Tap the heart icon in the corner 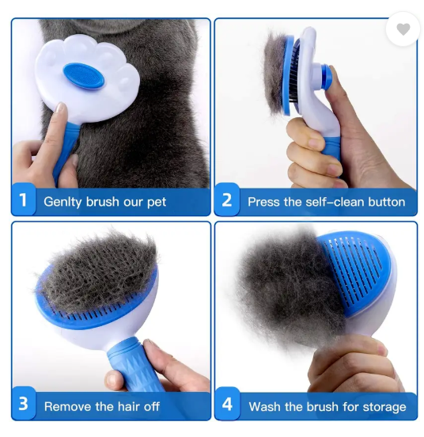click(x=403, y=29)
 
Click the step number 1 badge click(x=24, y=199)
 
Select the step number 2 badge click(x=227, y=199)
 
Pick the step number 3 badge click(x=24, y=403)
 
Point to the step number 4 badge click(x=227, y=404)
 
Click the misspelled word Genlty click(x=62, y=202)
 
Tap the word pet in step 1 click(x=157, y=203)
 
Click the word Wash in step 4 click(x=265, y=407)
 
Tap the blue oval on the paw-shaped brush click(x=84, y=76)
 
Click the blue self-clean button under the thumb click(x=326, y=77)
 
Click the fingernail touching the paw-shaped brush click(x=61, y=108)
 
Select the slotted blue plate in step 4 click(x=355, y=272)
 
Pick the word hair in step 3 click(x=125, y=407)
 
